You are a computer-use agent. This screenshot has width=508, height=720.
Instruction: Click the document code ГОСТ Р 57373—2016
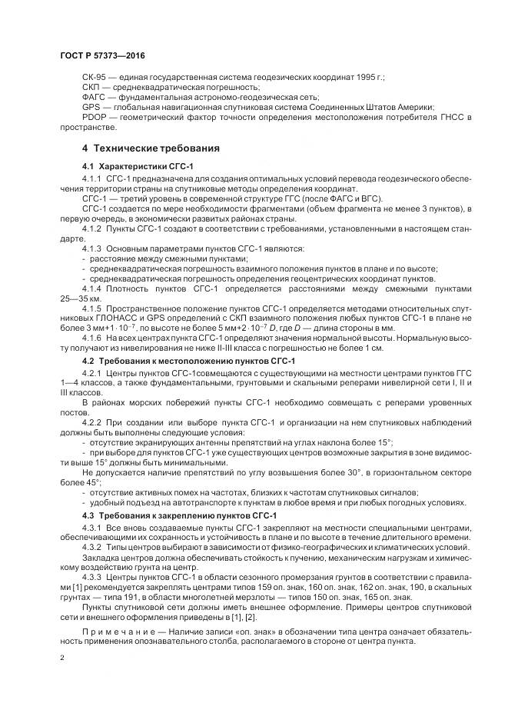pyautogui.click(x=101, y=56)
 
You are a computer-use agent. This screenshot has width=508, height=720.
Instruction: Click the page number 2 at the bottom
pyautogui.click(x=61, y=658)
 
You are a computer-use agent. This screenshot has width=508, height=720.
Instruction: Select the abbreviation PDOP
pyautogui.click(x=93, y=116)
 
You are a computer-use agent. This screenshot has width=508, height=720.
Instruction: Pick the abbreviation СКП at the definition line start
pyautogui.click(x=91, y=88)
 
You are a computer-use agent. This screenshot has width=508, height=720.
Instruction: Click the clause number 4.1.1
pyautogui.click(x=92, y=178)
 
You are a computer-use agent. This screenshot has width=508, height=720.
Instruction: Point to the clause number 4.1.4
pyautogui.click(x=92, y=288)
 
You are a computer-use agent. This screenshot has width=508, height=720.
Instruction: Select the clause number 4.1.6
pyautogui.click(x=92, y=338)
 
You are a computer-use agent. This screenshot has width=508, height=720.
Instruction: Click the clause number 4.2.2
pyautogui.click(x=92, y=422)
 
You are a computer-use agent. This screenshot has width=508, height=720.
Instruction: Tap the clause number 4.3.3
pyautogui.click(x=92, y=575)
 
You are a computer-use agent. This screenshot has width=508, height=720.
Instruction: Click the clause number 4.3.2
pyautogui.click(x=92, y=547)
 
